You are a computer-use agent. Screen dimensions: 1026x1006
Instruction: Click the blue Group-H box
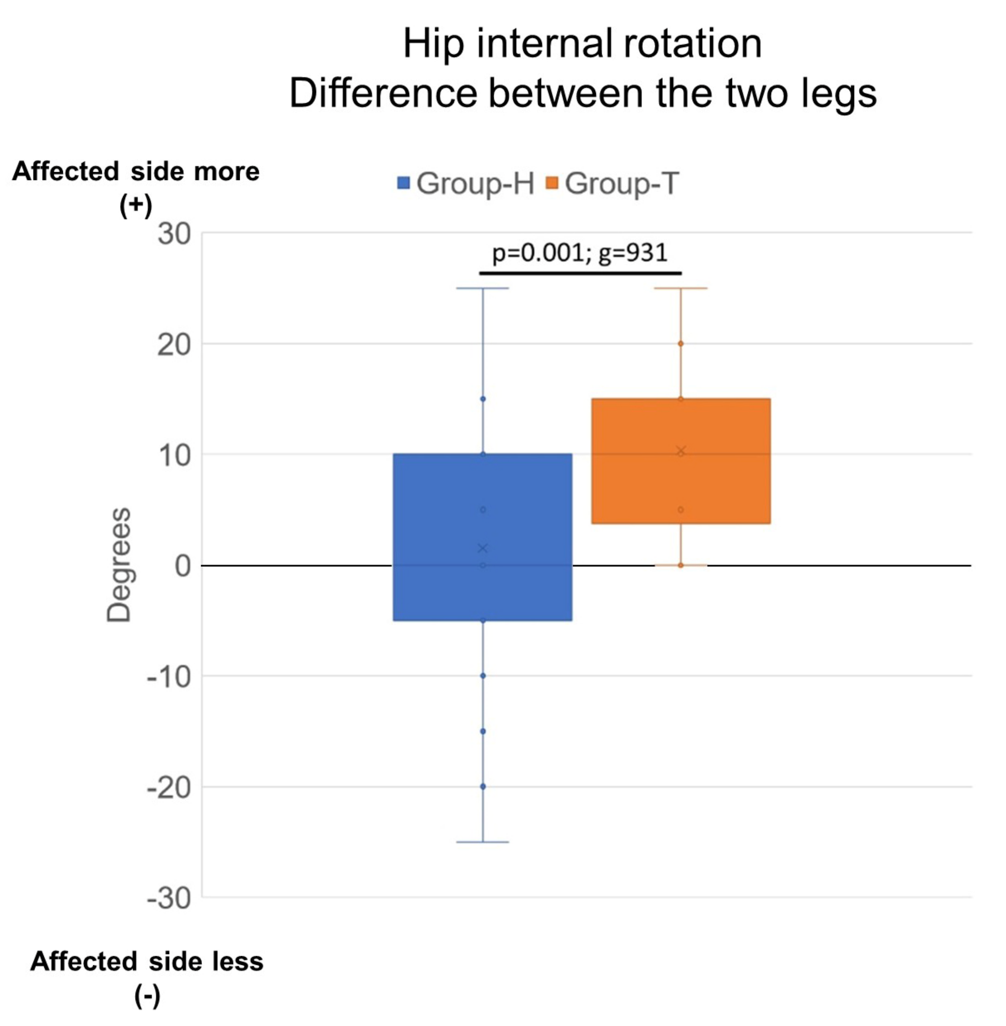pos(482,536)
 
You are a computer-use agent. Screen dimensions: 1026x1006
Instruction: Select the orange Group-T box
pos(680,461)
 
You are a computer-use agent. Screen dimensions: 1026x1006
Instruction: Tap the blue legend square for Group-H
pos(404,183)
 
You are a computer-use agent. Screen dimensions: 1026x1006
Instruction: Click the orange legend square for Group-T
pos(552,183)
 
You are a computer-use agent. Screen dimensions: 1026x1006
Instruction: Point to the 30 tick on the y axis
pos(174,234)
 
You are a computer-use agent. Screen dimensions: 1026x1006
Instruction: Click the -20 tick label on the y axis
pos(169,788)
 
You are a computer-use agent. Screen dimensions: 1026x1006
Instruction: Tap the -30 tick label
pos(169,899)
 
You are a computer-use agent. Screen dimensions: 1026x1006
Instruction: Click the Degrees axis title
pos(118,565)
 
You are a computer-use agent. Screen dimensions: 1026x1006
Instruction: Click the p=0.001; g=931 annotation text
pos(580,253)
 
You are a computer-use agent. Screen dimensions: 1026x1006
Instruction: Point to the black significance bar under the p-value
pos(580,273)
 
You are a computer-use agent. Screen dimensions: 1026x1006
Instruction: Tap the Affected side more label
pos(136,172)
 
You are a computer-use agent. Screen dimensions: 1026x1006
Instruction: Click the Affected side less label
pos(147,961)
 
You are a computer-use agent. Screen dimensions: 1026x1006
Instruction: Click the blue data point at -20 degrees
pos(483,787)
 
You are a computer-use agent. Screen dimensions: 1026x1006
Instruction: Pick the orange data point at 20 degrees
pos(680,343)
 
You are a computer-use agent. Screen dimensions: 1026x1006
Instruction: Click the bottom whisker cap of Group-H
pos(482,842)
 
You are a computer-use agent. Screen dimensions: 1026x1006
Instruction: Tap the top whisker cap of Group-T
pos(680,288)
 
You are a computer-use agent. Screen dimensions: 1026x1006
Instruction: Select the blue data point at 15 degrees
pos(483,399)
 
